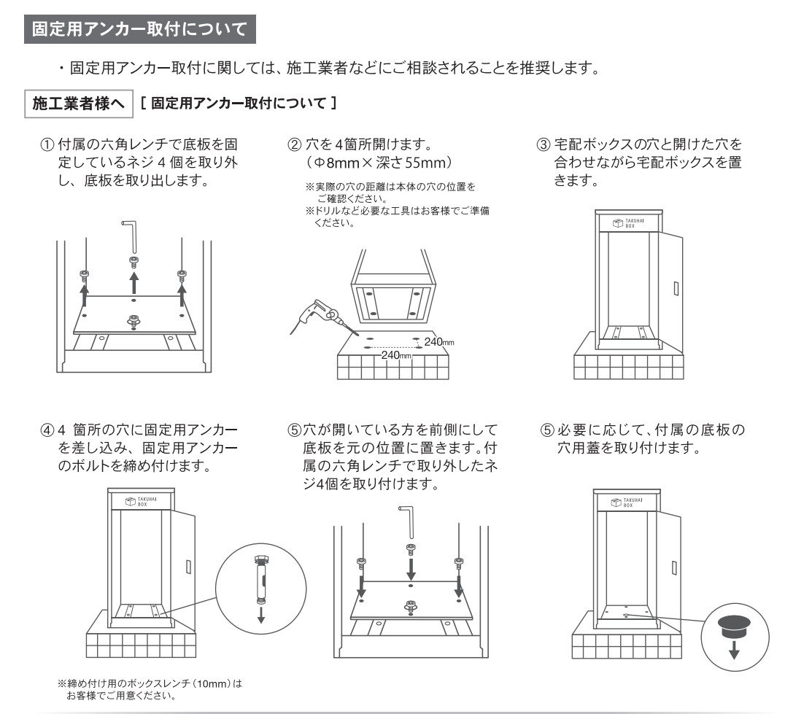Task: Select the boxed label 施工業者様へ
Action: (x=78, y=104)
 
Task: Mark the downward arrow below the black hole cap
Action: (x=733, y=648)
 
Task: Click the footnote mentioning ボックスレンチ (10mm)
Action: (x=149, y=689)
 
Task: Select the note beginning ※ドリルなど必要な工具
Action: (x=398, y=216)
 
